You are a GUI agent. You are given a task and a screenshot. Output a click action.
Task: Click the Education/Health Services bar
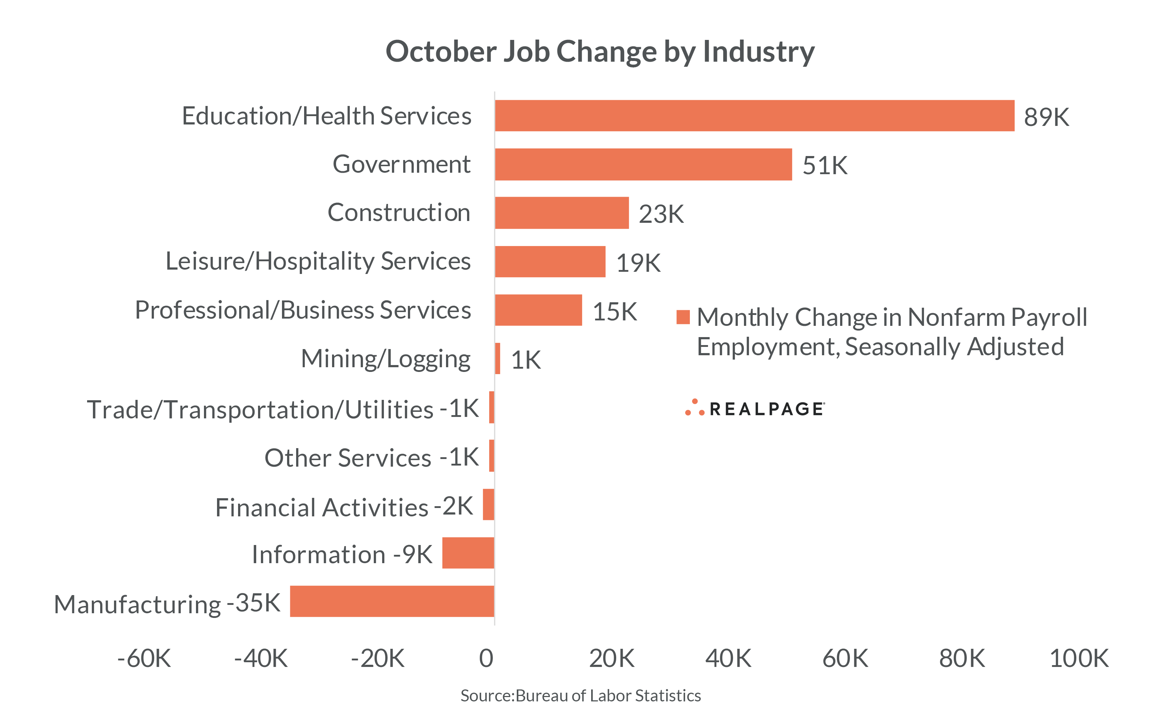pyautogui.click(x=754, y=116)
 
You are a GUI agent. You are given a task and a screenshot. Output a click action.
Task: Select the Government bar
pyautogui.click(x=643, y=164)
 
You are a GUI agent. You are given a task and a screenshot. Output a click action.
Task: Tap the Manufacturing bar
pyautogui.click(x=392, y=601)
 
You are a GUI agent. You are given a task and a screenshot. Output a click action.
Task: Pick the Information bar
pyautogui.click(x=468, y=553)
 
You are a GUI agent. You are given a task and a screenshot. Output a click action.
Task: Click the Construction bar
pyautogui.click(x=562, y=213)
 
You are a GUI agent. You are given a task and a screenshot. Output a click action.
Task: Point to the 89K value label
pyautogui.click(x=1046, y=117)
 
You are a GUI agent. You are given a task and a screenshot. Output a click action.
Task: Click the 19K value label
pyautogui.click(x=638, y=263)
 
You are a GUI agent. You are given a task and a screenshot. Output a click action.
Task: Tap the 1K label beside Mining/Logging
pyautogui.click(x=525, y=360)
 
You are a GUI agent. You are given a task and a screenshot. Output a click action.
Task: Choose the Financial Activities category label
pyautogui.click(x=322, y=507)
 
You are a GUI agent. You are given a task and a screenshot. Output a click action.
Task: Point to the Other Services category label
pyautogui.click(x=348, y=458)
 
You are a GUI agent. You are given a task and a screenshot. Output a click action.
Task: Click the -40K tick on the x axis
pyautogui.click(x=261, y=659)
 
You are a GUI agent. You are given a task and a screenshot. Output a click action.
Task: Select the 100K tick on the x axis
pyautogui.click(x=1079, y=659)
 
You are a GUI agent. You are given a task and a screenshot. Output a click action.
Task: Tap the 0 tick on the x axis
pyautogui.click(x=486, y=659)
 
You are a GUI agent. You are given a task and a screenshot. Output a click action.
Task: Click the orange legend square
pyautogui.click(x=683, y=317)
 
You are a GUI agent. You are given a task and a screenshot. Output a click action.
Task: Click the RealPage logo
pyautogui.click(x=754, y=409)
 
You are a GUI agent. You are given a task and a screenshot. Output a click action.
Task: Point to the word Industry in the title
pyautogui.click(x=759, y=52)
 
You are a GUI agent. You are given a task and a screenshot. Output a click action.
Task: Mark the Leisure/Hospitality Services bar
pyautogui.click(x=550, y=262)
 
